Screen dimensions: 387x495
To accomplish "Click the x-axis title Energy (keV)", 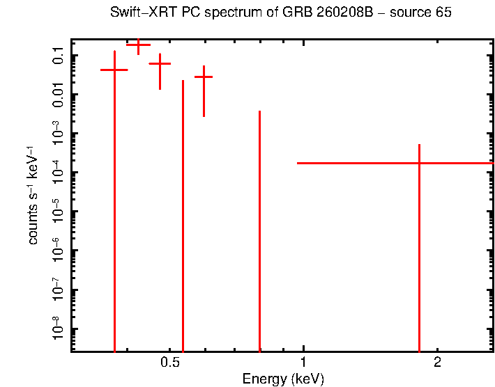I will point(283,379).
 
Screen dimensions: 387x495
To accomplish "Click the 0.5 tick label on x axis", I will point(170,363).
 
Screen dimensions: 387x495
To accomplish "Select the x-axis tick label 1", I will point(303,363).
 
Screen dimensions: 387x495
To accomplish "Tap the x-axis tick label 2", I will point(437,363).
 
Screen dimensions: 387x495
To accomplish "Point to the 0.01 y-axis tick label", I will point(59,94).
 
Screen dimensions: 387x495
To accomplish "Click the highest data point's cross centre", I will point(138,45).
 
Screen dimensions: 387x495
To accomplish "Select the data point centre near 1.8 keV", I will point(419,163).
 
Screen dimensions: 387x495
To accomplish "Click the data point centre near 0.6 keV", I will point(204,77).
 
